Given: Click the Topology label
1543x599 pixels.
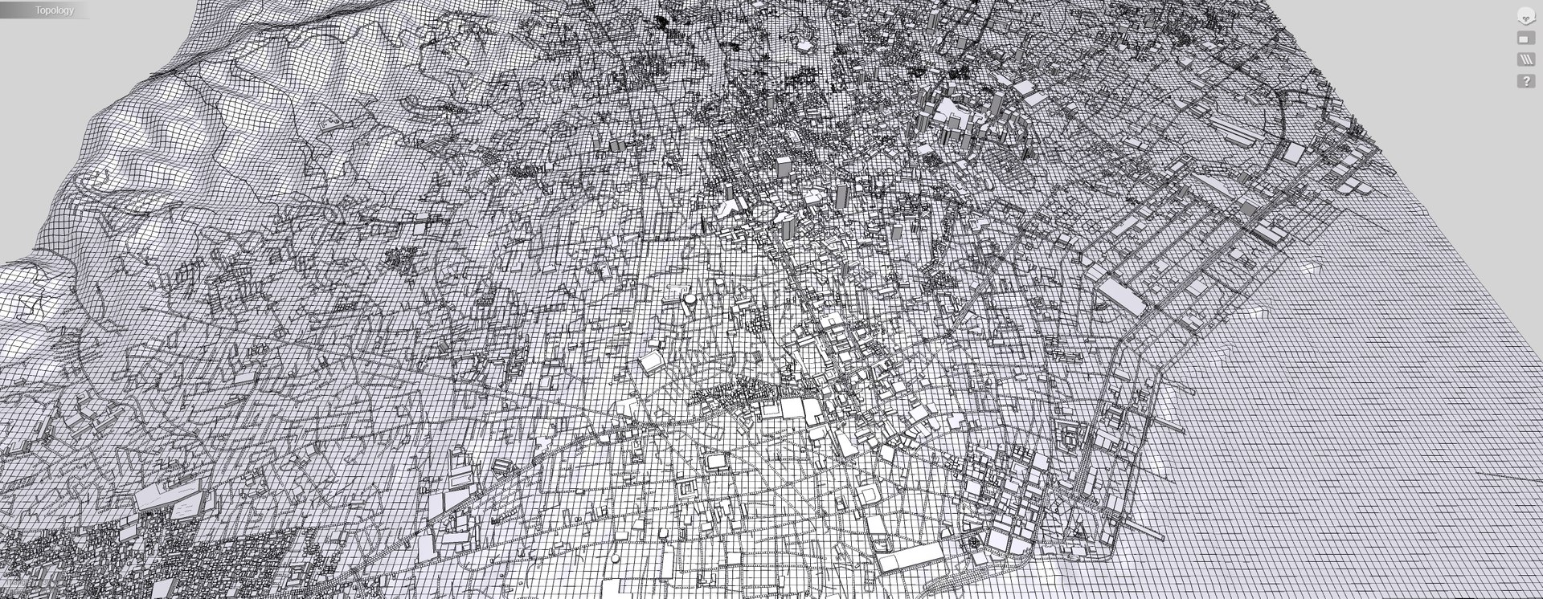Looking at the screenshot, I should (x=54, y=10).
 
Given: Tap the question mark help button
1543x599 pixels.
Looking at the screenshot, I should (x=1525, y=81).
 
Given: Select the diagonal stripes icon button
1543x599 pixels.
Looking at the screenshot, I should (x=1525, y=59).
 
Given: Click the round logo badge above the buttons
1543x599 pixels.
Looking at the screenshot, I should (x=1525, y=16).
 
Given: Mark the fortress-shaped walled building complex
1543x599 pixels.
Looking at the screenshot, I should (x=687, y=491).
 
